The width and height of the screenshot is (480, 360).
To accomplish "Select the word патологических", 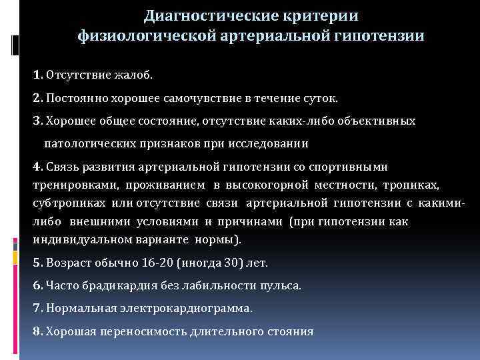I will click(x=93, y=143).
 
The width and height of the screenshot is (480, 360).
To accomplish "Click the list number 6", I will click(x=37, y=285).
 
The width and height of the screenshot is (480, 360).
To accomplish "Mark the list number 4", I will click(x=37, y=166).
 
